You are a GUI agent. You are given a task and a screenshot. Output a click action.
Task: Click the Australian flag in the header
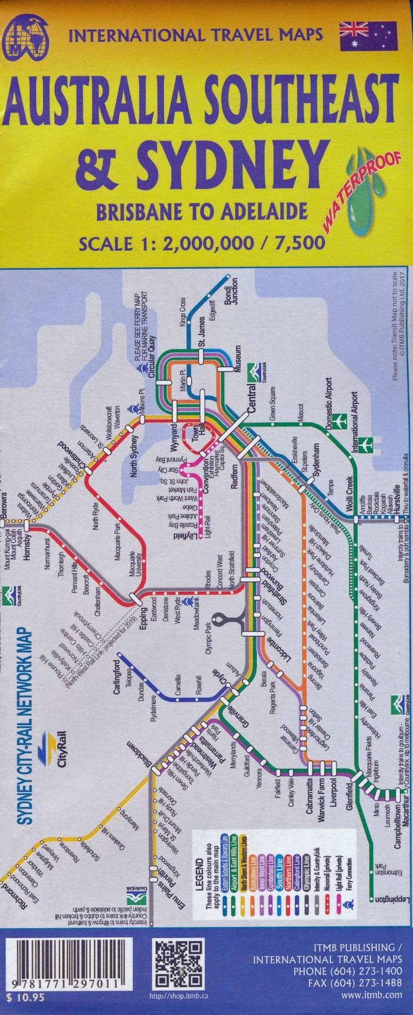pos(368,36)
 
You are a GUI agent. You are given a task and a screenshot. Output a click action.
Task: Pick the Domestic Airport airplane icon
pos(339,421)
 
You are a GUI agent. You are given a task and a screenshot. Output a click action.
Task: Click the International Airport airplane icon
pos(367,443)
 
